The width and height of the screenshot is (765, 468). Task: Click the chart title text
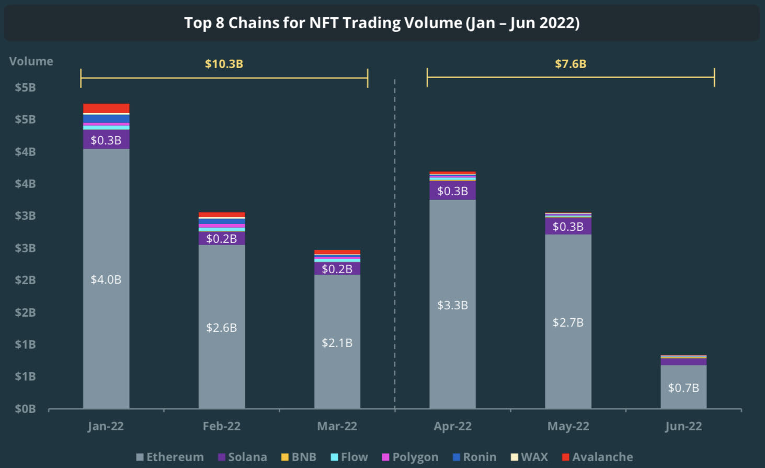coord(382,23)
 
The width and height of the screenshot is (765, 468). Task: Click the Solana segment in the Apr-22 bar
coord(453,191)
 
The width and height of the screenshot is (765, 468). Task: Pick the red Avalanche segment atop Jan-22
coord(106,108)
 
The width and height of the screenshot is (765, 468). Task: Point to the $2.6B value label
coord(222,328)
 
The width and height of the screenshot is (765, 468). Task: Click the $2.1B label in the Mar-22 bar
coord(337,343)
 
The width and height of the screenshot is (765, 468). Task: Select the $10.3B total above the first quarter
coord(224,64)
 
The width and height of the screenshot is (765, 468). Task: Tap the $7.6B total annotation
coord(570,64)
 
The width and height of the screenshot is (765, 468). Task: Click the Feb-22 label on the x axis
coord(222,426)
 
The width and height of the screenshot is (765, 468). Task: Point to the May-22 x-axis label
coord(568,426)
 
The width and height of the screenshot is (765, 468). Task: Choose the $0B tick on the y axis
coord(25,409)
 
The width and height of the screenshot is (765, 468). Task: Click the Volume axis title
coord(31,61)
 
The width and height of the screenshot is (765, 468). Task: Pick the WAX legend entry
coord(530,457)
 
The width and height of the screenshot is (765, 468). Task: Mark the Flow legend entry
coord(349,457)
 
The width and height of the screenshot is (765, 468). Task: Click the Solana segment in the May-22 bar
coord(568,226)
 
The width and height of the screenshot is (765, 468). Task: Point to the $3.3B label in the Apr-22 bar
coord(453,305)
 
